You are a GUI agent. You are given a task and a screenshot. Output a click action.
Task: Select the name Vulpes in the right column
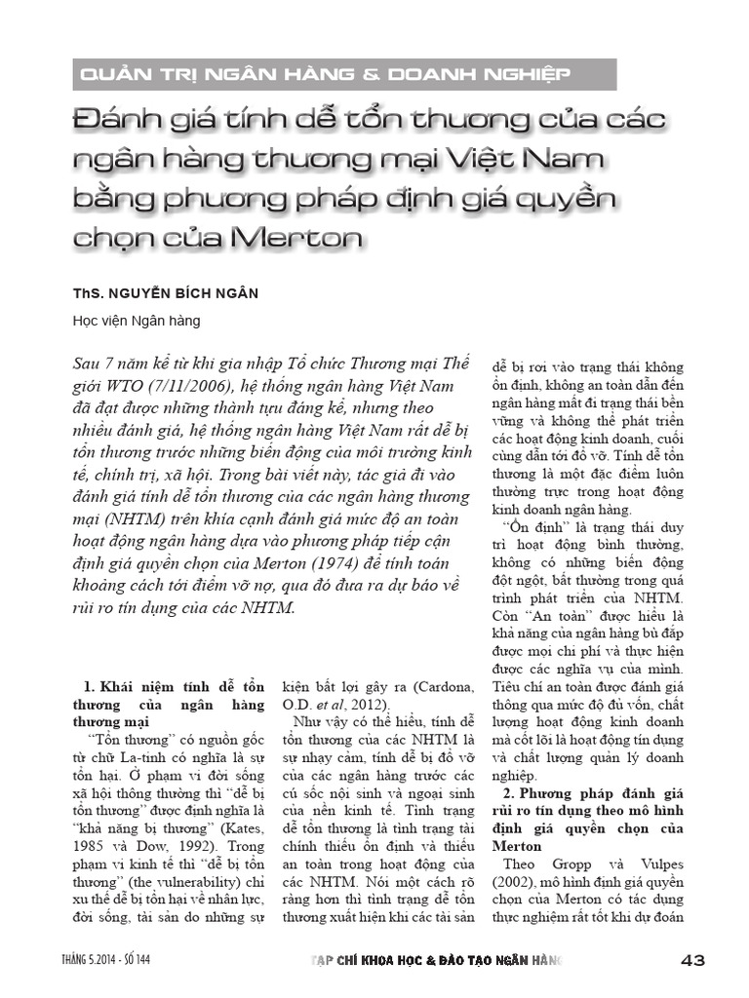tap(641, 864)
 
